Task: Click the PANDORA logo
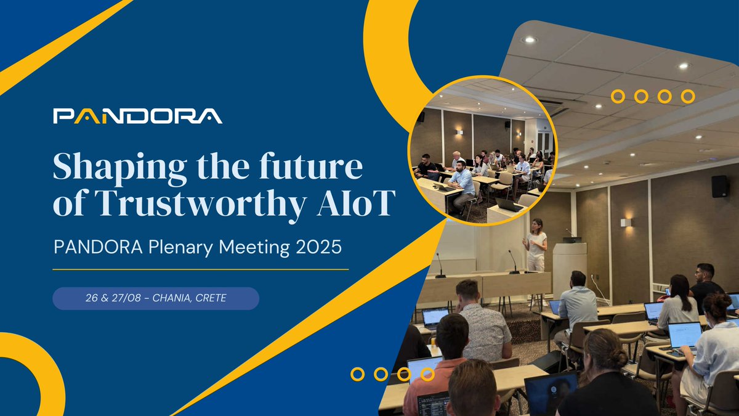click(137, 116)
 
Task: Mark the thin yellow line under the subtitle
click(200, 269)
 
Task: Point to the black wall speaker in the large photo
click(720, 187)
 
